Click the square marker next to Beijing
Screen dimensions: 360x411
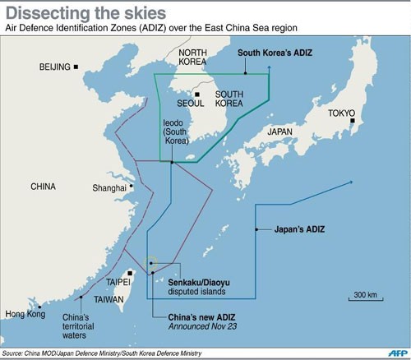[76, 67]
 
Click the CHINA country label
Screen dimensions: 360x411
[44, 187]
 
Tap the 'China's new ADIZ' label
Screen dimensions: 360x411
[199, 316]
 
